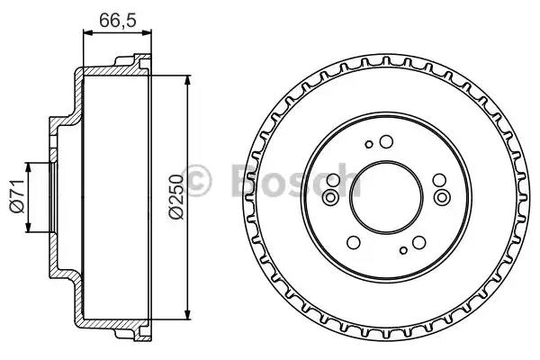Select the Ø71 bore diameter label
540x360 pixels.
(x=15, y=195)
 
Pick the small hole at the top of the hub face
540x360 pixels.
(x=368, y=144)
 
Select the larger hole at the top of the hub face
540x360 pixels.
(x=385, y=141)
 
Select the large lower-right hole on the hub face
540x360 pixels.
(x=418, y=241)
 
